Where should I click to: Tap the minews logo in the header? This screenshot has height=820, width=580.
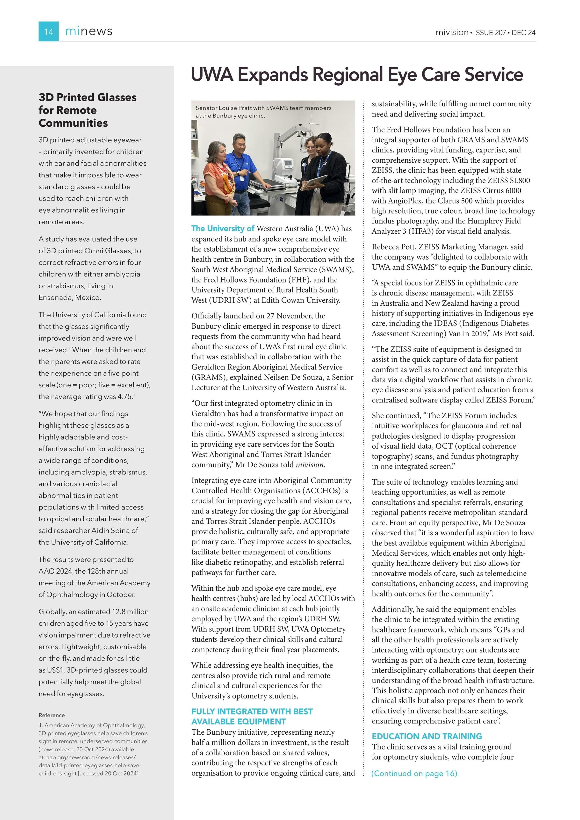point(89,31)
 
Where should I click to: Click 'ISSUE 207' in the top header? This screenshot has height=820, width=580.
point(490,32)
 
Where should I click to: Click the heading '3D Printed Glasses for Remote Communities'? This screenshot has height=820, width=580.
point(87,110)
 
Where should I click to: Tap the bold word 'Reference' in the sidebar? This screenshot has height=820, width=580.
point(52,715)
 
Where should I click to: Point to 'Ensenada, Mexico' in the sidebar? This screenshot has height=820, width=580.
point(70,297)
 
